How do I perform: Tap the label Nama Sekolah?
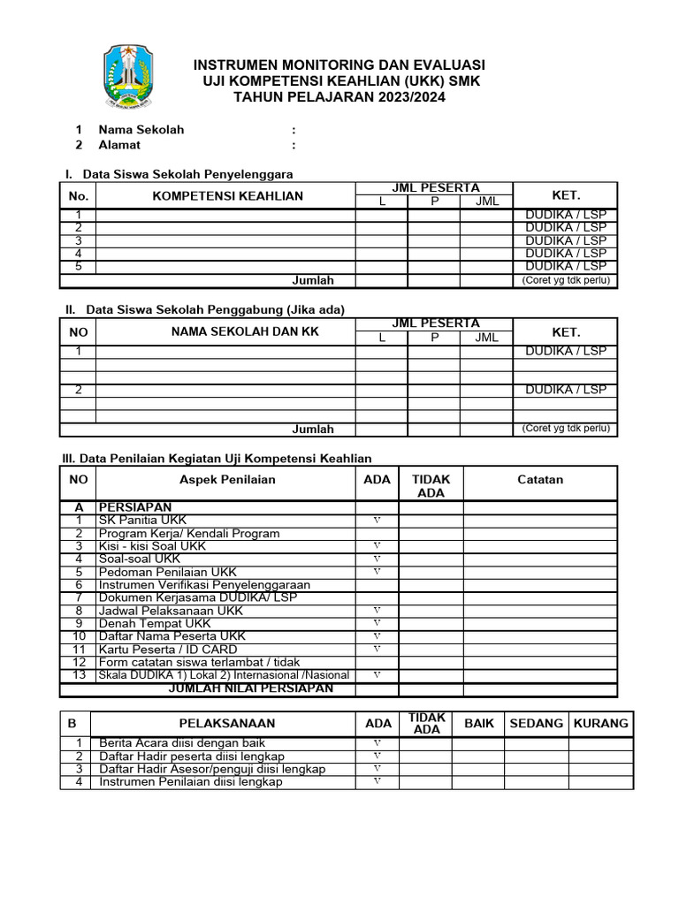[141, 129]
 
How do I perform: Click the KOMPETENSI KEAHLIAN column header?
[228, 196]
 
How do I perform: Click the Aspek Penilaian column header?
[227, 479]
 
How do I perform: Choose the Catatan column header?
[540, 479]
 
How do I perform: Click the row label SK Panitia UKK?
[142, 521]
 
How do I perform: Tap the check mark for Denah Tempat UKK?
[378, 623]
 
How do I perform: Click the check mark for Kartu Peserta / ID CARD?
[378, 649]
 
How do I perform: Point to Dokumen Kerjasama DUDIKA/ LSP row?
[198, 597]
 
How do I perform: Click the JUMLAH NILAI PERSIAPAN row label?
[251, 688]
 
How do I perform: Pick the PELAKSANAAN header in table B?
[227, 723]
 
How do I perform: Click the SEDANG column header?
[537, 723]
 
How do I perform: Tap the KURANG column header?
[601, 723]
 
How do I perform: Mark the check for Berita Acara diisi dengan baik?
[378, 743]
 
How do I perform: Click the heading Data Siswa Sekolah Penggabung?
[215, 309]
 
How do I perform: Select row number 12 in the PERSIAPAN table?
[79, 662]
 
